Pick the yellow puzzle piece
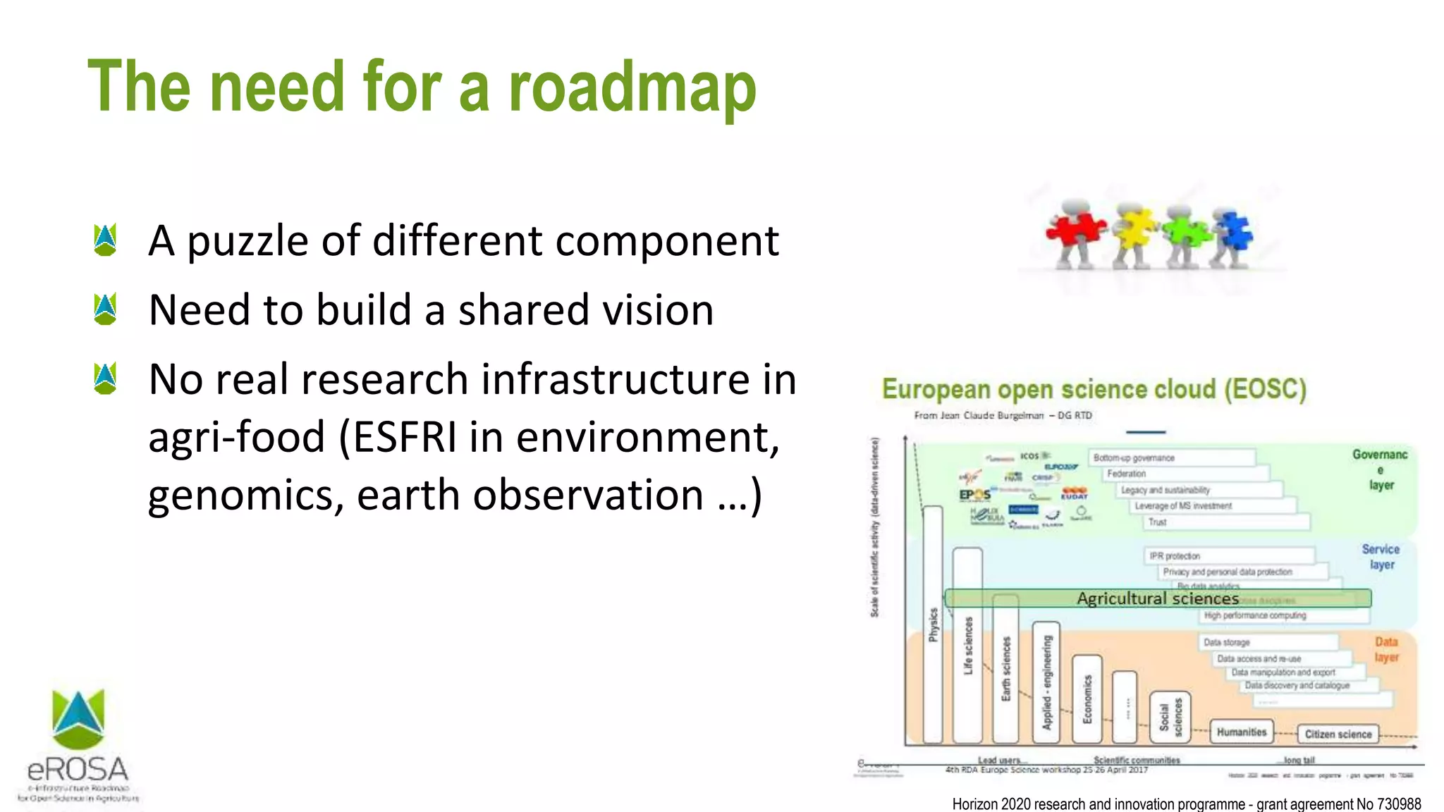click(1134, 227)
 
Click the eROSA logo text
click(78, 769)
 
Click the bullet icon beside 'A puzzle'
click(105, 240)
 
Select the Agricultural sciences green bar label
click(1157, 598)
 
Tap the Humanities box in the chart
click(1241, 732)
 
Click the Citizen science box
click(1338, 734)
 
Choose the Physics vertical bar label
click(933, 625)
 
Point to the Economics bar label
click(1087, 699)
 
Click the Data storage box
click(1226, 642)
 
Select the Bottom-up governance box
click(1134, 458)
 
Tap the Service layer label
click(1381, 557)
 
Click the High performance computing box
click(1254, 615)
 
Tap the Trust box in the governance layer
click(1157, 522)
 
